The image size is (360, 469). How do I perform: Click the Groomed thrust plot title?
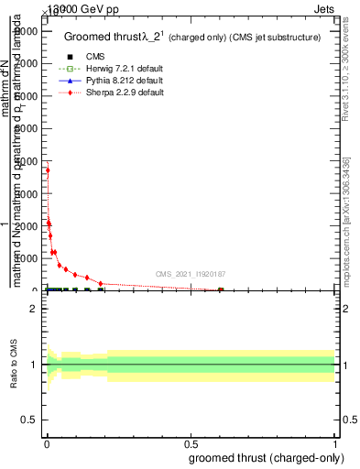tap(191, 38)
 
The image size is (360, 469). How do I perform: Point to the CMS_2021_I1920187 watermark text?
tap(190, 274)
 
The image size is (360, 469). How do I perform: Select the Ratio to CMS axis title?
tap(14, 364)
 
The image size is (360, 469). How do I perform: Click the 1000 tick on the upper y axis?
tap(27, 258)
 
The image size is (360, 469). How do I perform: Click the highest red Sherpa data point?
tap(48, 170)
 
